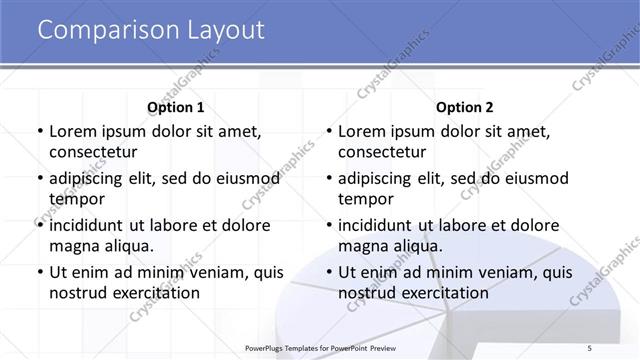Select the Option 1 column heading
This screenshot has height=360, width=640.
pos(175,107)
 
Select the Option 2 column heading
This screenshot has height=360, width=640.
pos(465,107)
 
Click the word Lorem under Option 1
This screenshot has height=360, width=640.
pos(73,131)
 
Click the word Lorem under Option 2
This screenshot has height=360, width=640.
pos(363,131)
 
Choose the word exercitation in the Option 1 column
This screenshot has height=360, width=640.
pos(156,293)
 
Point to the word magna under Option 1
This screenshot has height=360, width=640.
pos(72,246)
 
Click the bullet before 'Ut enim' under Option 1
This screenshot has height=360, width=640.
pos(39,272)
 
